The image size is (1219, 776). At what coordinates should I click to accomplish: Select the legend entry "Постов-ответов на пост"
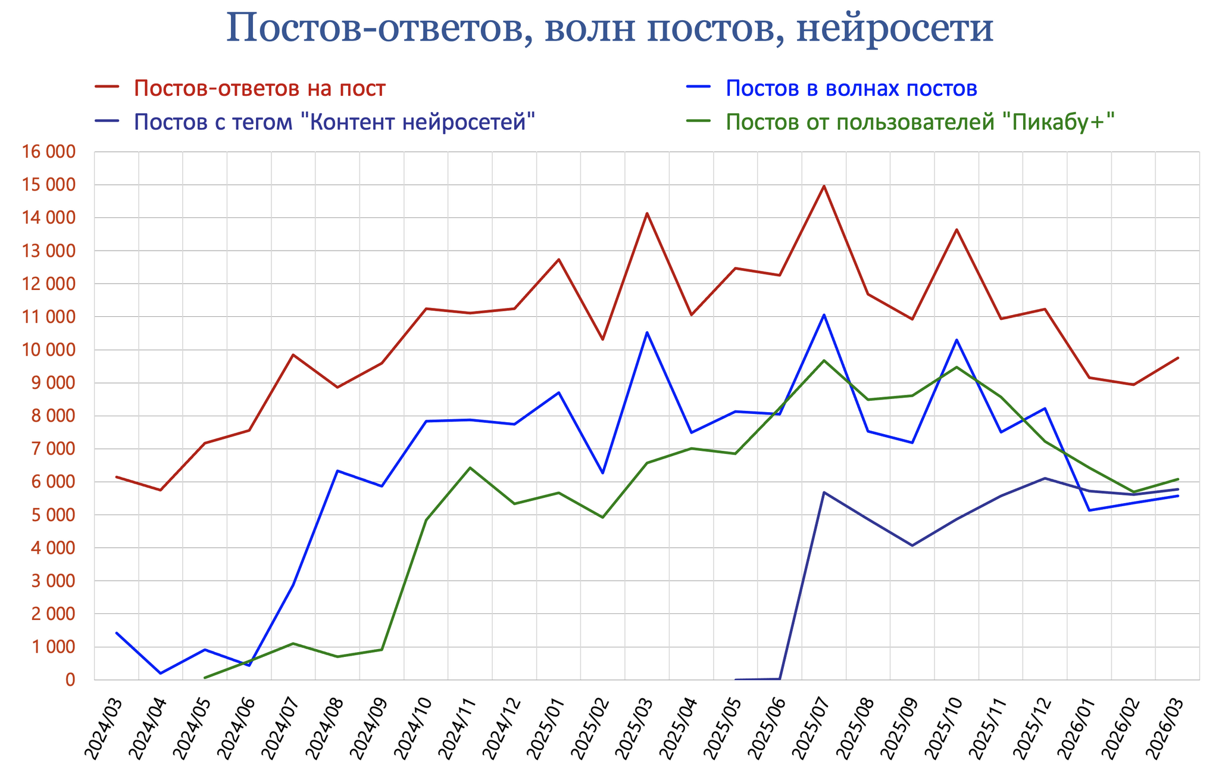tap(260, 88)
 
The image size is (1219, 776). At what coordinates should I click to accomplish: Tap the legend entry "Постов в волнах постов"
tap(851, 88)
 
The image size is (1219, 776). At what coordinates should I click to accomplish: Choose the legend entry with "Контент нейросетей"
tap(335, 122)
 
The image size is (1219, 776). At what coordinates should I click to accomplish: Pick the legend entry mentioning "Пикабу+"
tap(920, 122)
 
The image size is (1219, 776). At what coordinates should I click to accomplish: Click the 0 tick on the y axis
tap(71, 680)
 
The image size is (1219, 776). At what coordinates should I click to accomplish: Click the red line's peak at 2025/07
tap(824, 186)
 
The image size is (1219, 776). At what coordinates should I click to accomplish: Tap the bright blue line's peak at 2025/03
tap(647, 332)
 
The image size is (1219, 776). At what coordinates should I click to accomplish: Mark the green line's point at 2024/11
tap(470, 468)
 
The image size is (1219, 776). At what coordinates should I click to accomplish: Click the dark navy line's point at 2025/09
tap(912, 546)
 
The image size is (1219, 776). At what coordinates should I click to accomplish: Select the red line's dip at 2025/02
tap(603, 339)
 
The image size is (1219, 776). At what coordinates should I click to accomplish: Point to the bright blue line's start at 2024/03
tap(117, 633)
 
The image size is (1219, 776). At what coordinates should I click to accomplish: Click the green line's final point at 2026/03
tap(1178, 479)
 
